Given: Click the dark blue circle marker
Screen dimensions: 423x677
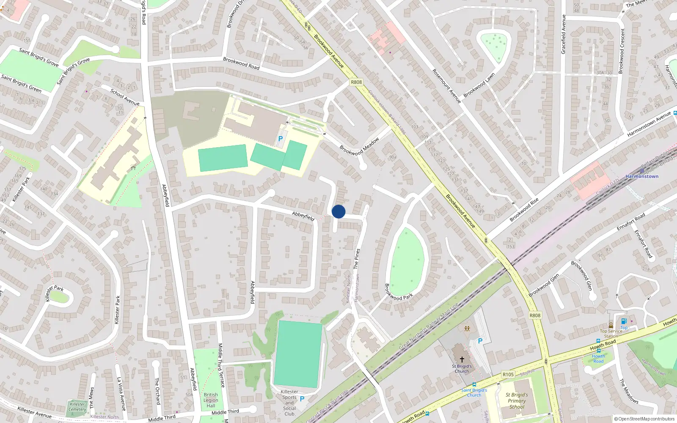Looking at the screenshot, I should coord(338,211).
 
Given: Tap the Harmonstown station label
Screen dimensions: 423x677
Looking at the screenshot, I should coord(642,176).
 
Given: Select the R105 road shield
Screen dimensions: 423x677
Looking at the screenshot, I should coord(508,374).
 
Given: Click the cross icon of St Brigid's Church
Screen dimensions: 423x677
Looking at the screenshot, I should coord(462,360).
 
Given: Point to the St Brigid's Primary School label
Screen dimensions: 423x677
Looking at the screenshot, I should coord(517,401).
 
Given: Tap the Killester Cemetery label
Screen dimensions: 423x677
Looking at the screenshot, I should coord(77,407).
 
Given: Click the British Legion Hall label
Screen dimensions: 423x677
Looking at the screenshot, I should coord(211,400).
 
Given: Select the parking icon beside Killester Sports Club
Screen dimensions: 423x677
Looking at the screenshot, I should coord(302,399).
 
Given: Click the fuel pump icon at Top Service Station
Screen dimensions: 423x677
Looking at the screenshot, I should coord(623,321).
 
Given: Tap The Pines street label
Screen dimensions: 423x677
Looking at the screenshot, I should coord(357,258).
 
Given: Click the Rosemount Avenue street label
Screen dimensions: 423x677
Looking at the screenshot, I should coord(446,86).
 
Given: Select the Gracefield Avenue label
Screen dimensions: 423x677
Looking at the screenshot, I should coord(563,34).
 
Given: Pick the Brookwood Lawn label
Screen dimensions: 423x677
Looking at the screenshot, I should coord(479,85).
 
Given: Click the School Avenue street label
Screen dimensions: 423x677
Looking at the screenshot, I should coord(125,97).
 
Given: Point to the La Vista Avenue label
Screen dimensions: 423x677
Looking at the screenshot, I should coord(121,394).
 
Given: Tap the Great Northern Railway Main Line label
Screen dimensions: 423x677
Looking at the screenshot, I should coord(429,327).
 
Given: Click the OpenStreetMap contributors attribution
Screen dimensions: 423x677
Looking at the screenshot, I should coord(644,419).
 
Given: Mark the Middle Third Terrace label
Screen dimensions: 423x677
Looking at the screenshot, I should coord(221,365).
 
